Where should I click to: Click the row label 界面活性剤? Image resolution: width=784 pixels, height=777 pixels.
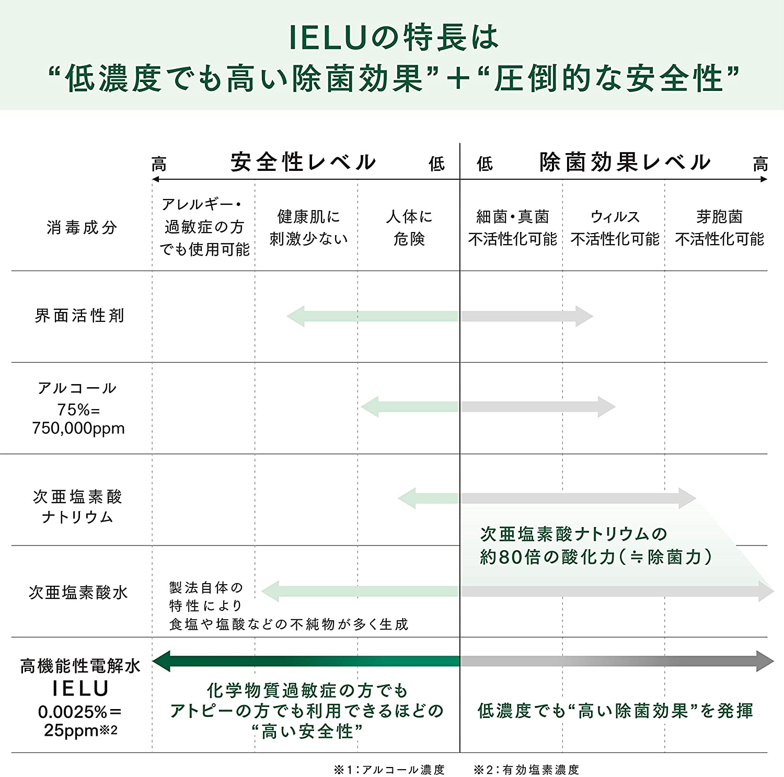[x=79, y=316]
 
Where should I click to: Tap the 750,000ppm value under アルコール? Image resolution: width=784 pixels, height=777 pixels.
[x=78, y=428]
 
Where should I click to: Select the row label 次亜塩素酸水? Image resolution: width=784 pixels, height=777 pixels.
[x=78, y=592]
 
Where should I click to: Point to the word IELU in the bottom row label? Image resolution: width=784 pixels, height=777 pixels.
[x=80, y=689]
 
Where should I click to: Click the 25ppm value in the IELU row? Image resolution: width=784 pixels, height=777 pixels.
[x=71, y=730]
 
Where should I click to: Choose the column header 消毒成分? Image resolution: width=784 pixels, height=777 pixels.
[x=82, y=227]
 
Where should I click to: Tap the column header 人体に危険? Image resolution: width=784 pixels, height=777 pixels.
[x=409, y=227]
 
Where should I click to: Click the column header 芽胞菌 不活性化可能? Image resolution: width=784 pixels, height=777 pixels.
[x=719, y=227]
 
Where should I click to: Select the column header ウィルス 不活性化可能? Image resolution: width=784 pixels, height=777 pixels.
[x=615, y=227]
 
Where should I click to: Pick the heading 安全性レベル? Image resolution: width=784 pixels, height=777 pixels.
[x=303, y=162]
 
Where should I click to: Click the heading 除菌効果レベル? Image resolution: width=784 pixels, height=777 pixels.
[x=625, y=162]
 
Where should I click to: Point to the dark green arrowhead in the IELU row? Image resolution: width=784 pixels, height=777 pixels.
[x=162, y=661]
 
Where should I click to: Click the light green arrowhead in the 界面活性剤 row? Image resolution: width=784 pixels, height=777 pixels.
[x=295, y=316]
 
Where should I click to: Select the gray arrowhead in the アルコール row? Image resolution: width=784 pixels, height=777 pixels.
[x=607, y=407]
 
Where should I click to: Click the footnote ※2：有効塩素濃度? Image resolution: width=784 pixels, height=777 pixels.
[x=526, y=769]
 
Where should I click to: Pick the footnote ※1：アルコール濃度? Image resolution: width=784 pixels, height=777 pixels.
[x=389, y=769]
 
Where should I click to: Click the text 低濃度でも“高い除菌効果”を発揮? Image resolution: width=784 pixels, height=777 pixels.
[x=615, y=711]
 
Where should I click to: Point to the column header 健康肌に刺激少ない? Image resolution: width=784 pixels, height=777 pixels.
[x=308, y=227]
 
